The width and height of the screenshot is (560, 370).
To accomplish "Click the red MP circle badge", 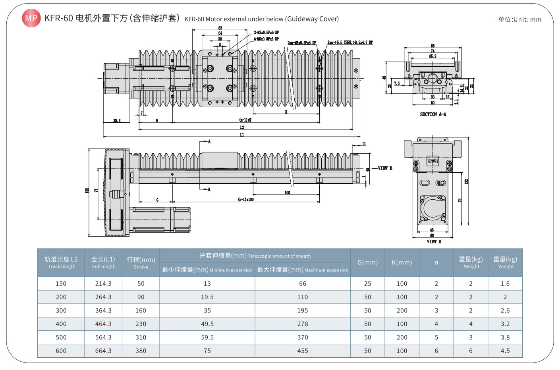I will (x=31, y=18).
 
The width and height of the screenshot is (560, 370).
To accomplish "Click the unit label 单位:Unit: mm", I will (x=519, y=19).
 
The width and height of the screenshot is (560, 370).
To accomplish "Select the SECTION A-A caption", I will (x=433, y=114).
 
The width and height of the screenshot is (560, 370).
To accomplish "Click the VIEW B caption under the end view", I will (x=434, y=241).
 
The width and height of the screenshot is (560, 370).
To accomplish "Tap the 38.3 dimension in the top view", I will (x=116, y=120).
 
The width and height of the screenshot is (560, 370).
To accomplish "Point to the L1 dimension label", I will (x=242, y=135).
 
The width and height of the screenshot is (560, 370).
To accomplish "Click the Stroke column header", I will (x=141, y=263).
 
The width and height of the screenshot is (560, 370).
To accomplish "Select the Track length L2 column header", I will (x=61, y=262).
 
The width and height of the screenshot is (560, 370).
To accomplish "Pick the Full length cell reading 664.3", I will (x=103, y=351).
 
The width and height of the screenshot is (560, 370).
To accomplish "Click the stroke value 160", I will (x=141, y=310).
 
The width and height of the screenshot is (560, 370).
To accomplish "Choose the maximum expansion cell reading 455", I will (x=303, y=351).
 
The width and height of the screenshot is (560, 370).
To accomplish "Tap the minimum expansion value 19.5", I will (x=207, y=297).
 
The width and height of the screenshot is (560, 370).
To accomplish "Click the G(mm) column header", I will (x=367, y=262).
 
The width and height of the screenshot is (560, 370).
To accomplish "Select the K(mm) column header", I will (x=402, y=262).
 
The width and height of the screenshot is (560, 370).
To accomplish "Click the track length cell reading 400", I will (x=61, y=324).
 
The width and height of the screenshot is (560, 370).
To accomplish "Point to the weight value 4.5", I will (x=505, y=351).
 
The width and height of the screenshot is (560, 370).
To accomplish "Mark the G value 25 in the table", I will (x=367, y=283).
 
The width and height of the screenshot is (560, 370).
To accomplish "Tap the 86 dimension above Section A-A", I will (x=433, y=46).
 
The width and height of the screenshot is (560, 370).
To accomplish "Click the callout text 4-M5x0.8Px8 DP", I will (x=266, y=39).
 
